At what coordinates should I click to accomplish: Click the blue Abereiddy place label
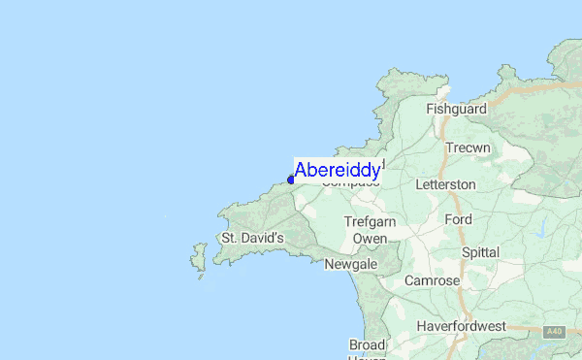[337, 170]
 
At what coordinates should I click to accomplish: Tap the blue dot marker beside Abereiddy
[291, 180]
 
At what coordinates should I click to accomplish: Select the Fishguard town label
[454, 110]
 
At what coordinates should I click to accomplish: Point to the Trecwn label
[469, 148]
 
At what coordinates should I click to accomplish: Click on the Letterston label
[445, 183]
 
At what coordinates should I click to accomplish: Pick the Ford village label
[458, 219]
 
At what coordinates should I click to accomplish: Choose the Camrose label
[433, 280]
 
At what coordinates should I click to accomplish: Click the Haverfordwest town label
[461, 326]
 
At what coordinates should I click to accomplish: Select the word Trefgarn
[370, 221]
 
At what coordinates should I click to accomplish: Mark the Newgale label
[349, 264]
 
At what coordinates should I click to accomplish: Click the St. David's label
[251, 237]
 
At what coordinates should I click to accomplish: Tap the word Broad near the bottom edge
[368, 344]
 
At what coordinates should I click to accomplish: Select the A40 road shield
[554, 332]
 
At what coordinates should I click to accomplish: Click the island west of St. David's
[200, 258]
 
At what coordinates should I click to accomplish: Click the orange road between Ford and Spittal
[465, 236]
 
